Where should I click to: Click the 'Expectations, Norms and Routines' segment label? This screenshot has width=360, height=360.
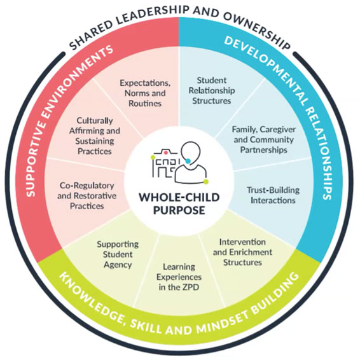click(x=145, y=93)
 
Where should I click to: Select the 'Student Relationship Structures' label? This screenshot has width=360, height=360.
click(x=212, y=90)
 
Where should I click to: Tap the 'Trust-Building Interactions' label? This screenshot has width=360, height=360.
click(x=273, y=195)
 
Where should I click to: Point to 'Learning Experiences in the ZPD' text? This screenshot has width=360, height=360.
click(x=179, y=277)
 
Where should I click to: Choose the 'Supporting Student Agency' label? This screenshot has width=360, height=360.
click(x=118, y=254)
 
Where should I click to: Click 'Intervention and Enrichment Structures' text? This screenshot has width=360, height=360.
click(x=242, y=252)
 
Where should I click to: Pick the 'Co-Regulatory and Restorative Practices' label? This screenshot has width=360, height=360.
click(x=87, y=196)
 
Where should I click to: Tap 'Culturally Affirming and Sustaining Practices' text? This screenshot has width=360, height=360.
click(x=95, y=135)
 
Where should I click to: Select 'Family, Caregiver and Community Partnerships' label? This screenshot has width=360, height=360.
click(x=264, y=139)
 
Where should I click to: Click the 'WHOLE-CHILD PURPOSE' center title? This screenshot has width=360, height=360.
click(x=179, y=204)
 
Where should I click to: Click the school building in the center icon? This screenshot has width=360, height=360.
click(x=165, y=164)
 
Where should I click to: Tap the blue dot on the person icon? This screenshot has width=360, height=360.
click(x=188, y=161)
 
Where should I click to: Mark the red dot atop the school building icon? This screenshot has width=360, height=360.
click(x=165, y=152)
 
